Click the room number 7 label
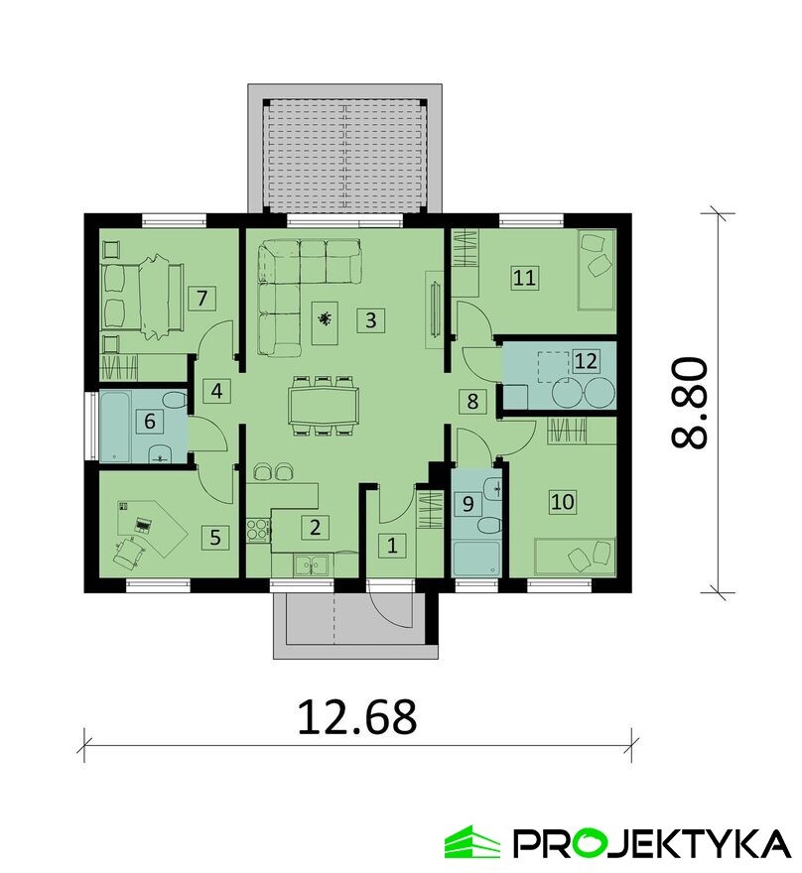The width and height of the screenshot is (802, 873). (201, 298)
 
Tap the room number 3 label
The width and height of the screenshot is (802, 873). (371, 319)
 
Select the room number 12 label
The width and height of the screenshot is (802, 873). (586, 361)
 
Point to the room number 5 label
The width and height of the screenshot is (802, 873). (215, 538)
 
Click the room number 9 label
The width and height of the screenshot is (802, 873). (468, 503)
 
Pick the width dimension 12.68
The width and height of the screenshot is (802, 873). (357, 716)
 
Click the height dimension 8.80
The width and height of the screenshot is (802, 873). (689, 403)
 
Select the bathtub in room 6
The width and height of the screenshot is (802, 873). (115, 427)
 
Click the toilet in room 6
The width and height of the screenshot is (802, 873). (175, 401)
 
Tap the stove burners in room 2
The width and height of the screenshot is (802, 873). (258, 529)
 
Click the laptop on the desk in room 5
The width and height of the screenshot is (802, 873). (143, 525)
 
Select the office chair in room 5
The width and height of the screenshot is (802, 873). (129, 553)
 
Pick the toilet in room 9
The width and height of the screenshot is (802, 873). (489, 526)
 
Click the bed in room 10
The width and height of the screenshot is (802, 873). (575, 557)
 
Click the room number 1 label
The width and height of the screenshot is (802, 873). (392, 546)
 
